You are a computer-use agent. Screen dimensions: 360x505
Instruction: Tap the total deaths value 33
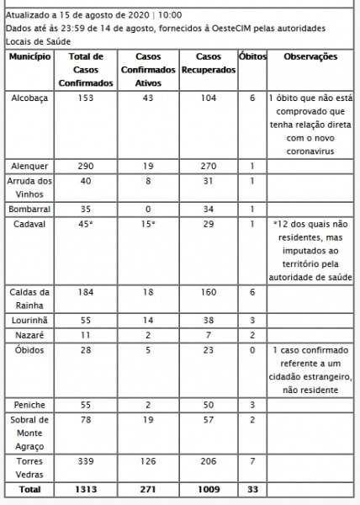pyautogui.click(x=251, y=489)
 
